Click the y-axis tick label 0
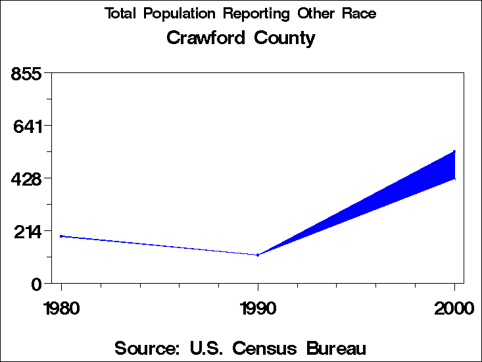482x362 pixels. [37, 284]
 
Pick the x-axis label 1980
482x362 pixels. [61, 307]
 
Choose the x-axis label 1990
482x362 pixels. [258, 307]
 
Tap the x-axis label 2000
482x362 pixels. [454, 307]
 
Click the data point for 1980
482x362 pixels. [61, 236]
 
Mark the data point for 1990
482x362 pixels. [258, 255]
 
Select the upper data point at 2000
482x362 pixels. [454, 151]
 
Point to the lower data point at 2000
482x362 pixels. [454, 178]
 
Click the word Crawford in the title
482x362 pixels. [204, 38]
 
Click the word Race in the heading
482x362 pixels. [359, 14]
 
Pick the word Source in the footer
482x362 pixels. [147, 348]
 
